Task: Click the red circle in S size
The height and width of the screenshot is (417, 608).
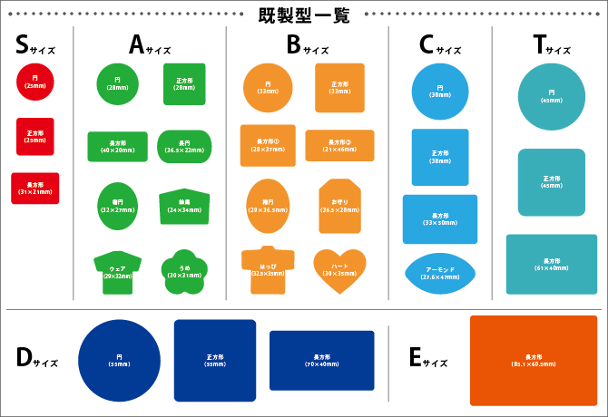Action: coord(35,82)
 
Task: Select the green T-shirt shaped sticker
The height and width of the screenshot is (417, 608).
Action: coord(117,273)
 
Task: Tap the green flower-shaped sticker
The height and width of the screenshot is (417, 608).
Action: coord(184,271)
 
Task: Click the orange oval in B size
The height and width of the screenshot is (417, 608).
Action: coord(268,206)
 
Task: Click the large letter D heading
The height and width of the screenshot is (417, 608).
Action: coord(25,357)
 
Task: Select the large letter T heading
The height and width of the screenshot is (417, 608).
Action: coord(540,44)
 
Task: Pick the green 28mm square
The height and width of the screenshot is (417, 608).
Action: coord(184,83)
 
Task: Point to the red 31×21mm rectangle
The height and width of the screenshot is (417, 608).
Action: coord(35,189)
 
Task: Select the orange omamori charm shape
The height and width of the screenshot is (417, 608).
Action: coord(339,207)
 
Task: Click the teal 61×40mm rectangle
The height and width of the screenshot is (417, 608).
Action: coord(552,264)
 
